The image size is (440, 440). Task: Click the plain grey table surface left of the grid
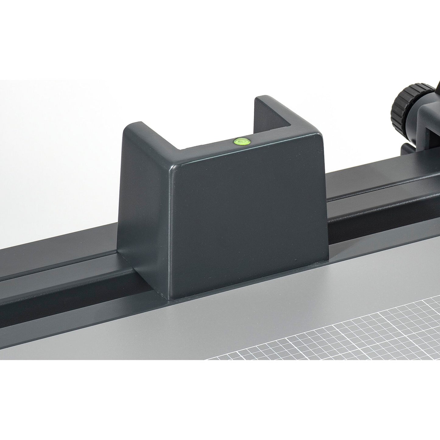122,335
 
